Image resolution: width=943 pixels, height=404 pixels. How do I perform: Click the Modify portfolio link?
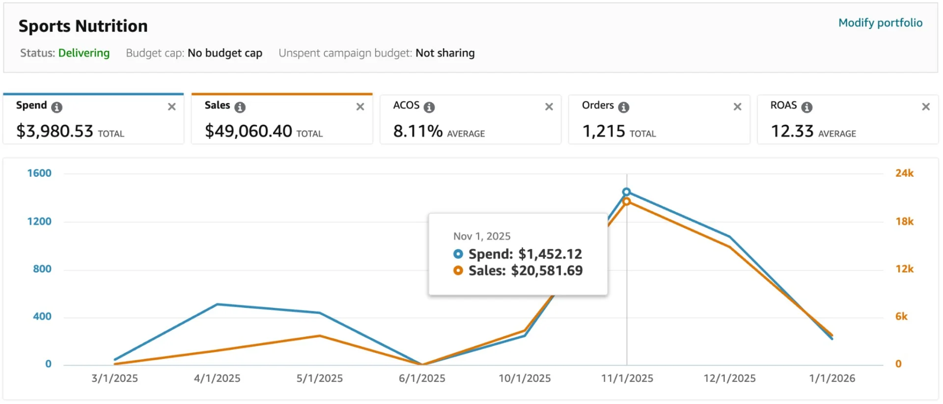pos(880,23)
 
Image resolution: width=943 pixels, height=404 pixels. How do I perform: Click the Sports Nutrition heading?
pos(83,26)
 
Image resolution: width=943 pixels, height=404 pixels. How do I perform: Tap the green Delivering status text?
pos(84,53)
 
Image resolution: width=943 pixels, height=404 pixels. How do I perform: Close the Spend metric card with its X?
pos(172,107)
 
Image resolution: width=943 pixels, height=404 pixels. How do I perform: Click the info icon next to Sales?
pos(240,107)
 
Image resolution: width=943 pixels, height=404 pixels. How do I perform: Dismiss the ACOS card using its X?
pos(549,107)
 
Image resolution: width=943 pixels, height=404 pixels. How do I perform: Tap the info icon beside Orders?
pos(624,107)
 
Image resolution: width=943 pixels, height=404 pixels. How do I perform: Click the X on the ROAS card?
pos(926,107)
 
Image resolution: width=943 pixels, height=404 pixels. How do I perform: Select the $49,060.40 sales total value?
pos(249,131)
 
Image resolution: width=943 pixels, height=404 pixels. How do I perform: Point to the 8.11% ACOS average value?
pos(418,131)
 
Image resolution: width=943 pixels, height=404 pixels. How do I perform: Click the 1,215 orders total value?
pos(604,131)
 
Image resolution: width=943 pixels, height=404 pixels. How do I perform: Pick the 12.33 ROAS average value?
pos(792,131)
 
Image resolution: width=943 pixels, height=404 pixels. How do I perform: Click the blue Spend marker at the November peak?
pos(626,192)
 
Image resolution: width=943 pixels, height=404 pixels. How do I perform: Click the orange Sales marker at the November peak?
pos(626,201)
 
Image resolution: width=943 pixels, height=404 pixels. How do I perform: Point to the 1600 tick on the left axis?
pos(39,173)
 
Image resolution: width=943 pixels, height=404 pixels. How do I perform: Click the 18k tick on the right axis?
pos(904,221)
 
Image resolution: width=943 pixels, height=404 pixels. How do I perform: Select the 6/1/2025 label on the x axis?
pos(422,378)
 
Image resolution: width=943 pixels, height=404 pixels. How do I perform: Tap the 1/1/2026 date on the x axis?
pos(832,378)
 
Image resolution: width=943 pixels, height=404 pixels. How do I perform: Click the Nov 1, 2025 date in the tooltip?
pos(482,237)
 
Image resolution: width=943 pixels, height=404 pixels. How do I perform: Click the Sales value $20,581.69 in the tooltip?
pos(547,270)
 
